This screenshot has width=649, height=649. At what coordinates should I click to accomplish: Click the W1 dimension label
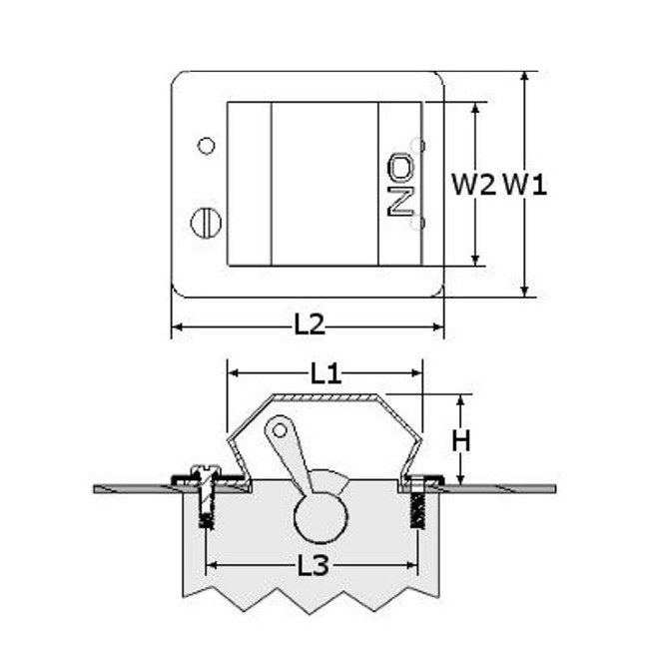(x=525, y=185)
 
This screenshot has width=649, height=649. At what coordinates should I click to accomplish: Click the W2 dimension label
(x=473, y=185)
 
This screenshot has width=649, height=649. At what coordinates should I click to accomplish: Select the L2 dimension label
(x=310, y=324)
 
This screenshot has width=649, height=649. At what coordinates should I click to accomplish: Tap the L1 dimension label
(x=325, y=373)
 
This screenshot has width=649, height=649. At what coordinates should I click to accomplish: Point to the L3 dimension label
(x=314, y=565)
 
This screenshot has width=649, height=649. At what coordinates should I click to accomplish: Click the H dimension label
(x=461, y=440)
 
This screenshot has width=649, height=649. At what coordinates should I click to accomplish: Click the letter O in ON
(x=400, y=166)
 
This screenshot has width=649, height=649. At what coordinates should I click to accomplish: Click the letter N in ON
(x=400, y=202)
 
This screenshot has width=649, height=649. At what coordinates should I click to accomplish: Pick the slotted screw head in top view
(x=206, y=223)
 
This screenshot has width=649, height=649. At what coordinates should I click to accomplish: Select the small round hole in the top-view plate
(x=206, y=146)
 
